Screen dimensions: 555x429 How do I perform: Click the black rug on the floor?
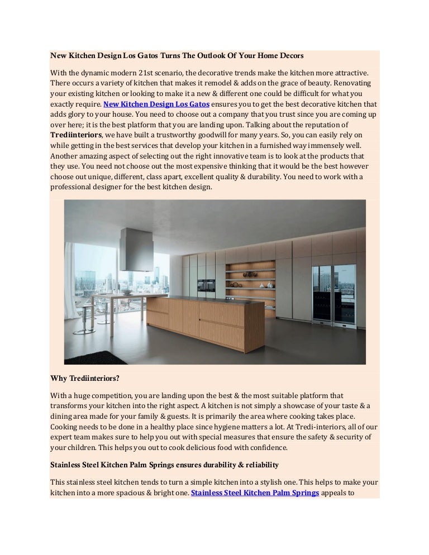[x=89, y=357]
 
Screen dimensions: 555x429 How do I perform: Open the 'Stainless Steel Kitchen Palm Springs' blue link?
[x=255, y=493]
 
